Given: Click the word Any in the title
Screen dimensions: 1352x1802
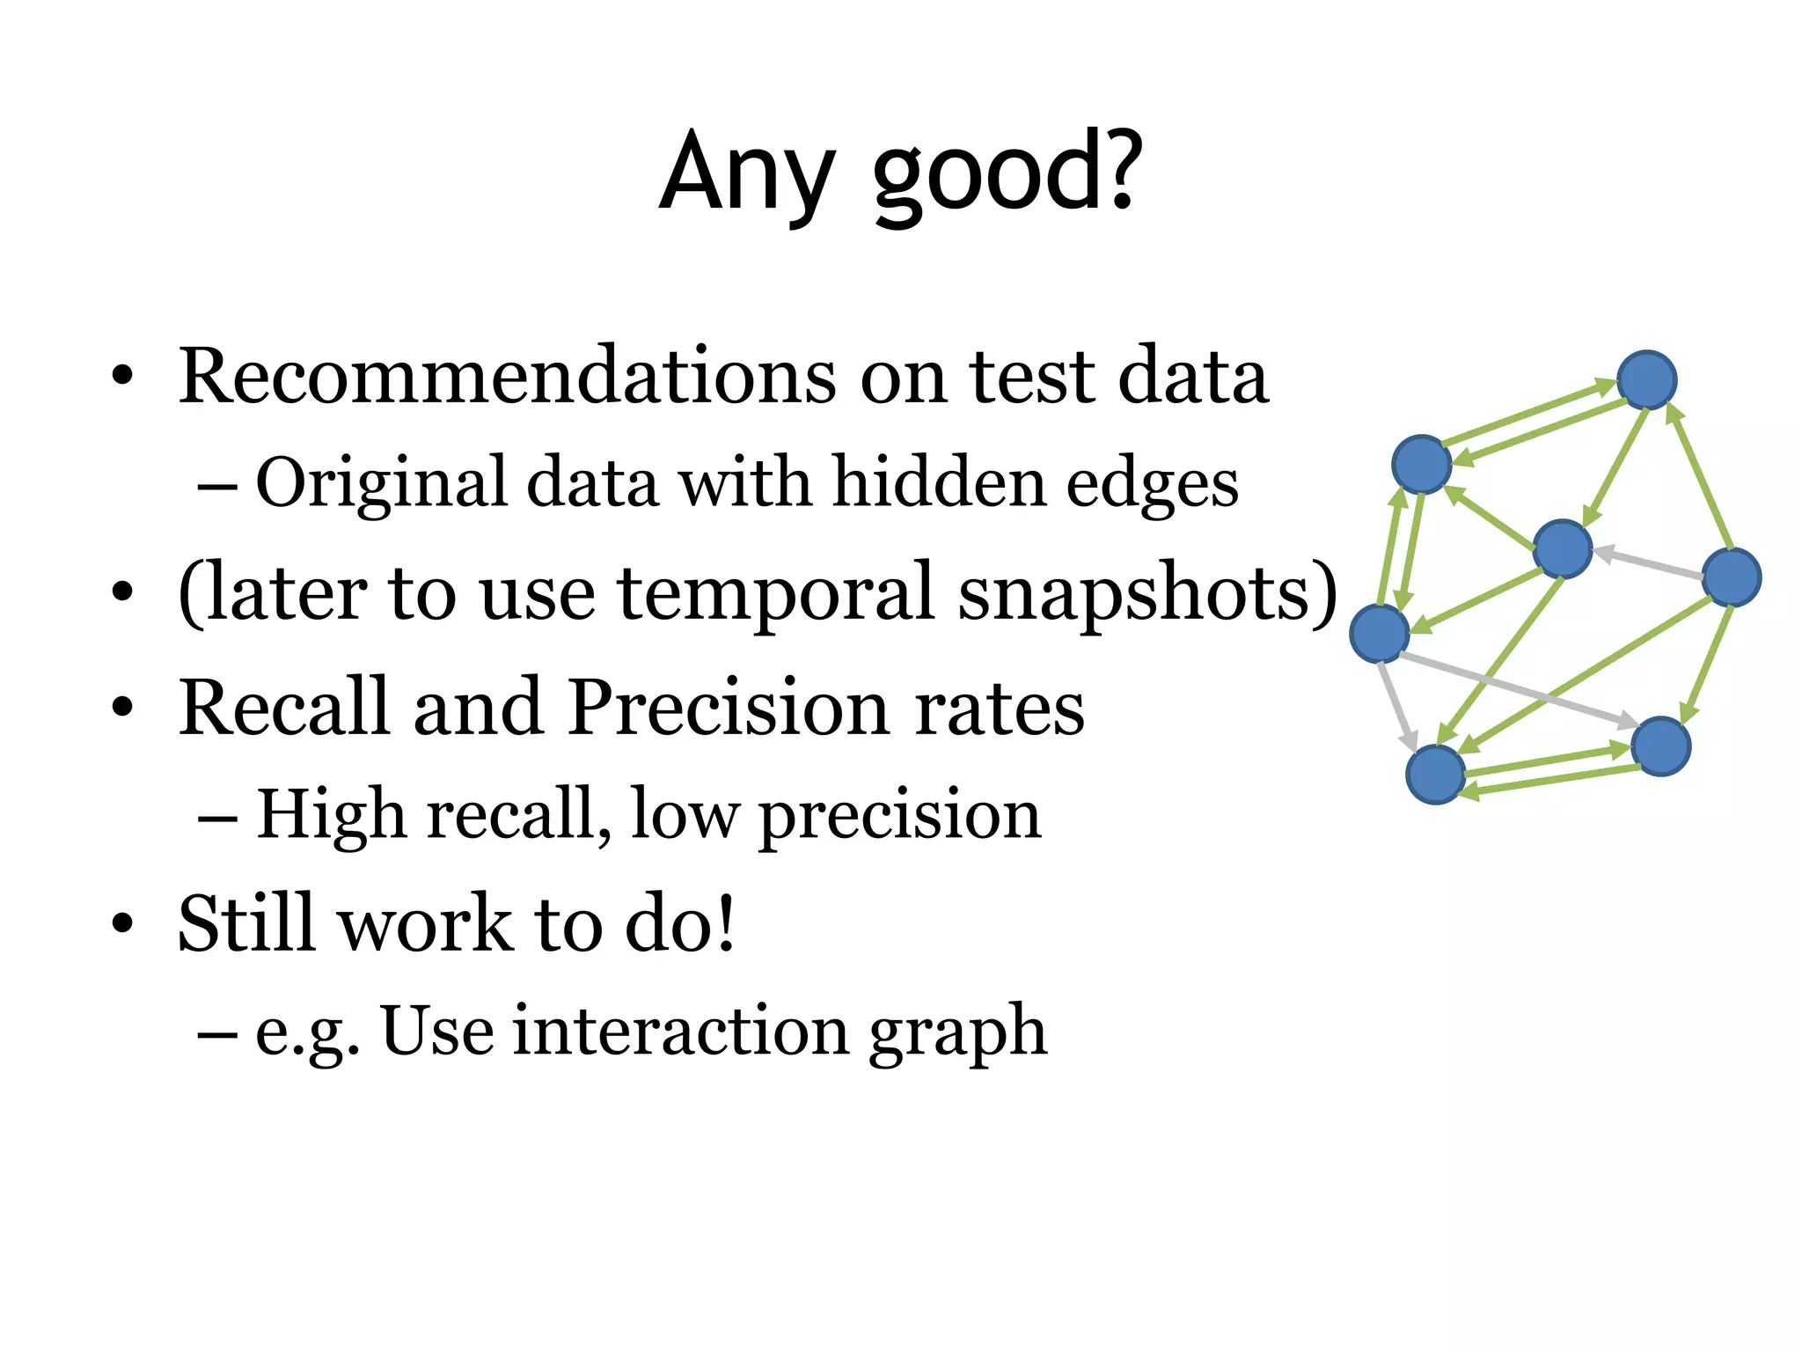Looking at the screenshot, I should tap(746, 172).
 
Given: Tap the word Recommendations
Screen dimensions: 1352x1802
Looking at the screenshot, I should tap(507, 377).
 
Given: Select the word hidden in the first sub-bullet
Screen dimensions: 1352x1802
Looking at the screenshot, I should tap(938, 482).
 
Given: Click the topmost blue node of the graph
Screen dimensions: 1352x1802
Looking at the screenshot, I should tap(1647, 380).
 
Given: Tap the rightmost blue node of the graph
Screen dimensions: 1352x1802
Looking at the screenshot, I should tap(1732, 577).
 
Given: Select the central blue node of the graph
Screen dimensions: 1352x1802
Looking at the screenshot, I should tap(1563, 549).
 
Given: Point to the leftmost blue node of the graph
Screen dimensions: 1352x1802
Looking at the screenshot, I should tap(1379, 634).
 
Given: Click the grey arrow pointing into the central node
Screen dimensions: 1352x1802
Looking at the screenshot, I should tap(1647, 564).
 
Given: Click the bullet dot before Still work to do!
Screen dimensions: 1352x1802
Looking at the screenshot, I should tap(122, 924).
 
